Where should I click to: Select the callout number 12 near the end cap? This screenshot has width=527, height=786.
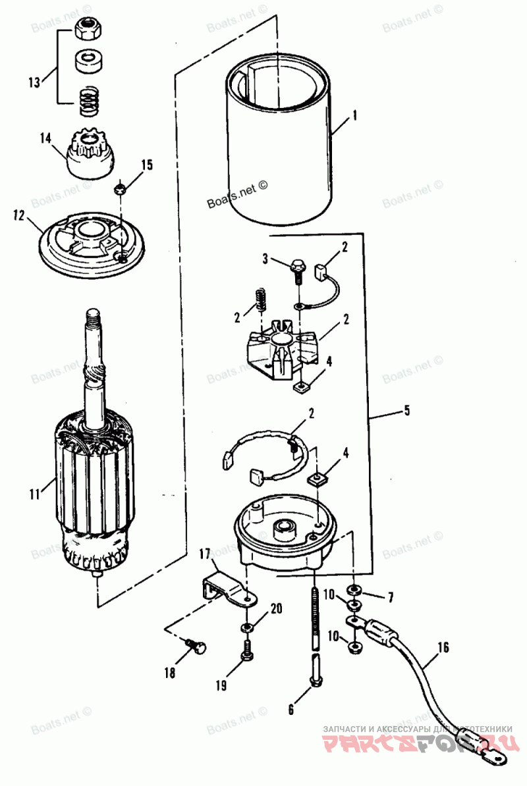coord(19,215)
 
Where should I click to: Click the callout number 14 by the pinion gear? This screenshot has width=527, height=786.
coord(45,138)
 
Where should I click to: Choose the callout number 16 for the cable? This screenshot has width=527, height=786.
coord(443,648)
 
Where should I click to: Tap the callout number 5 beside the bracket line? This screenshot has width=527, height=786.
coord(406,411)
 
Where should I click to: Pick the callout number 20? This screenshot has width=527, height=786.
coord(276,608)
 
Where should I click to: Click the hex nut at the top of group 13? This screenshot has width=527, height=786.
coord(86,29)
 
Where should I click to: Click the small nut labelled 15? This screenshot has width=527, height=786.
coord(120,189)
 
